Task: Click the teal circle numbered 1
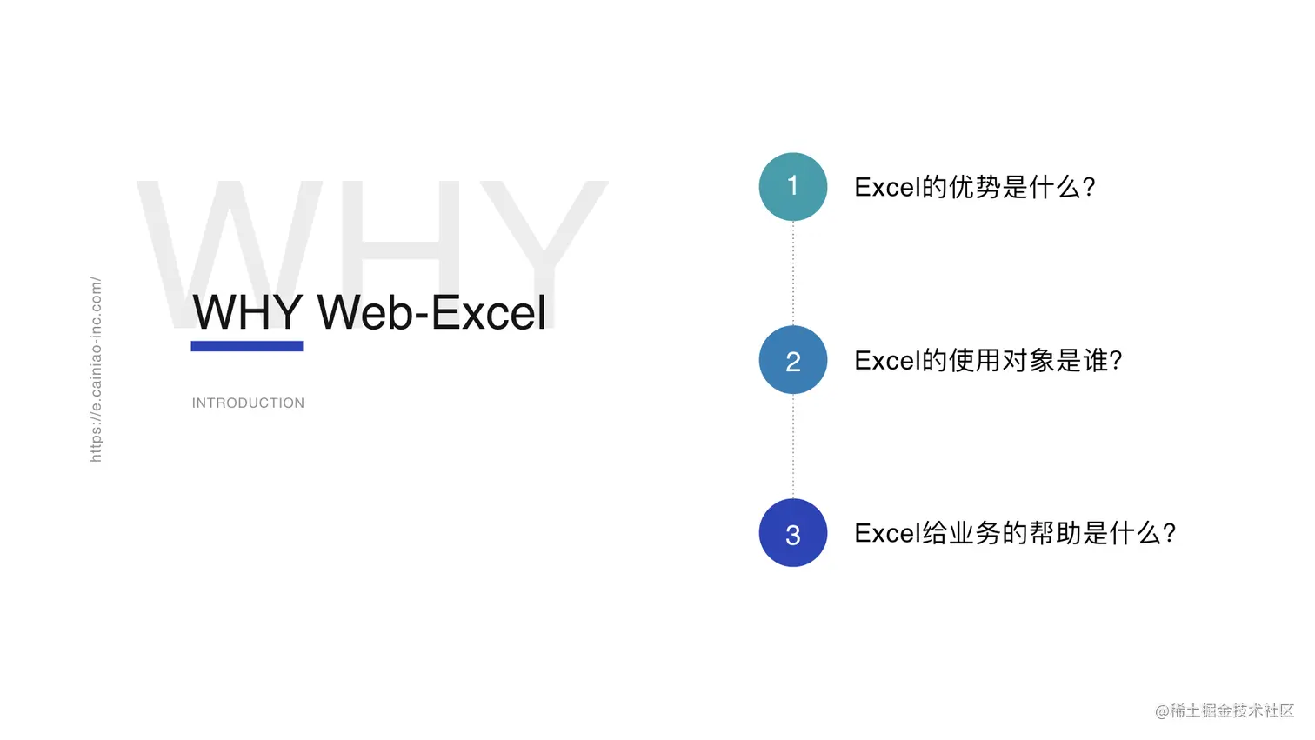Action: [x=792, y=186]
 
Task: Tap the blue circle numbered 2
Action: [x=792, y=360]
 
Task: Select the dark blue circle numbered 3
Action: [x=792, y=533]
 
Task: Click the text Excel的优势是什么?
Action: [x=974, y=187]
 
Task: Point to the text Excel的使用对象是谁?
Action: [x=988, y=360]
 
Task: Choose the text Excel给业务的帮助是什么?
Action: [x=1015, y=533]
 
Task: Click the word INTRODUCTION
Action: [x=248, y=403]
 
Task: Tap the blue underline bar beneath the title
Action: [x=247, y=346]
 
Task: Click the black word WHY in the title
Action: [x=248, y=312]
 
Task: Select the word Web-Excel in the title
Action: [x=431, y=312]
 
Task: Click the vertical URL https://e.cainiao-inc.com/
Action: [x=96, y=369]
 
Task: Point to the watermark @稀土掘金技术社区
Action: [x=1224, y=710]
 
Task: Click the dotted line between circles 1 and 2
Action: [x=792, y=273]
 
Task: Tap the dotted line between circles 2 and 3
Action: [x=792, y=446]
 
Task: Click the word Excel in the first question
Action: [x=887, y=187]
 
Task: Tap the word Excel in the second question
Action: [x=887, y=360]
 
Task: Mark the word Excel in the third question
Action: [x=887, y=533]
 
